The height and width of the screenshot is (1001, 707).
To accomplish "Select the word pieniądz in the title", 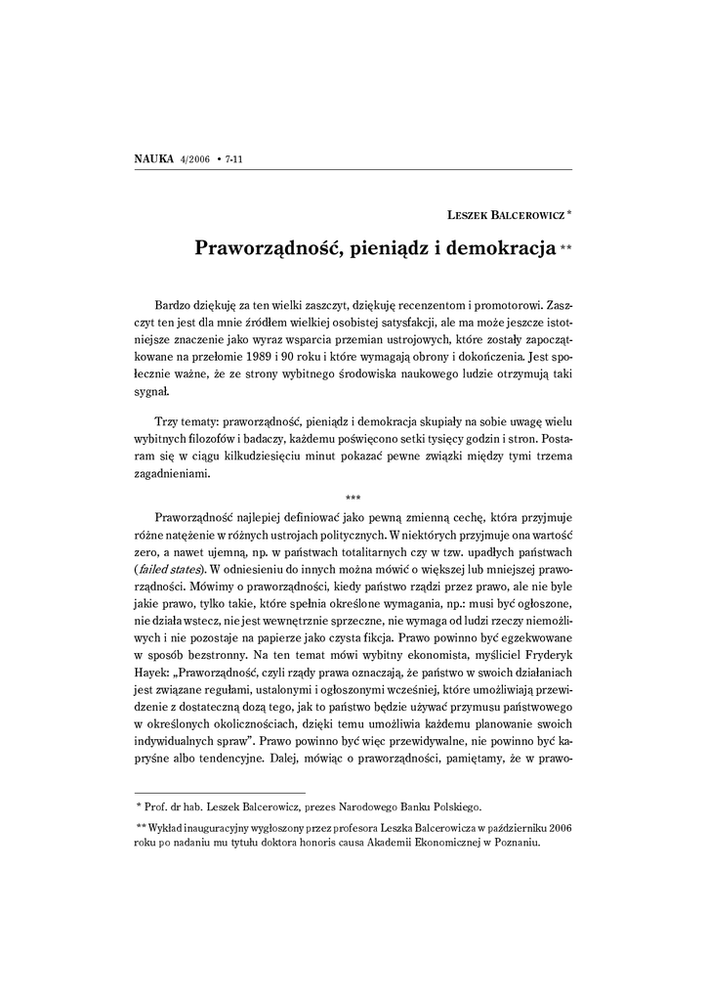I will click(384, 246).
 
